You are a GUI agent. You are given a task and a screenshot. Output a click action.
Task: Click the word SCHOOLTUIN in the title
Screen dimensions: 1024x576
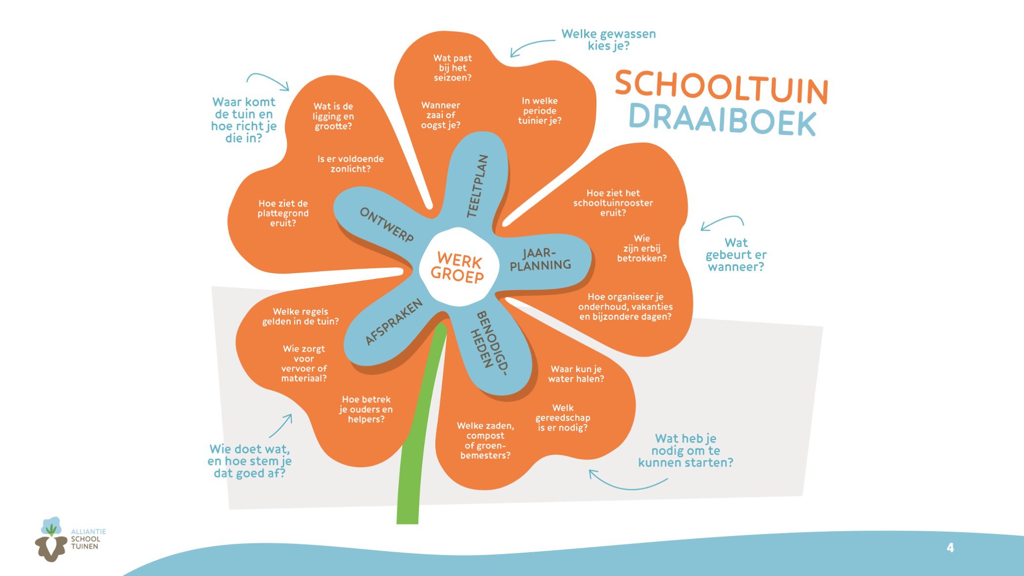tap(721, 87)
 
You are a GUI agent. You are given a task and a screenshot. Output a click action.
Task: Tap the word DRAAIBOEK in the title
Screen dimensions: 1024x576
tap(722, 120)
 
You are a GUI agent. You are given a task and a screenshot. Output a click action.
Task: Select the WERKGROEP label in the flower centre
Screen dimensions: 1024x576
tap(457, 267)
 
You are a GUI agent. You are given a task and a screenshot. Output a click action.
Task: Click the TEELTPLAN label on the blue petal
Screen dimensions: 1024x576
tap(477, 186)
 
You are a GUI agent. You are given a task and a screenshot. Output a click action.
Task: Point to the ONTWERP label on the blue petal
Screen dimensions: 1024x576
tap(387, 224)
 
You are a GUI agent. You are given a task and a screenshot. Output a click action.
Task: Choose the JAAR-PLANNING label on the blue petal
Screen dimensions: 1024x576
tap(540, 259)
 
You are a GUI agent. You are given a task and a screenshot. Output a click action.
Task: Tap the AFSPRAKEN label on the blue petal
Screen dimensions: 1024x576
tap(394, 322)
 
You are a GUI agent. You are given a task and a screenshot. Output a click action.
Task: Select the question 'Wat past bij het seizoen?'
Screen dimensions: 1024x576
tap(453, 68)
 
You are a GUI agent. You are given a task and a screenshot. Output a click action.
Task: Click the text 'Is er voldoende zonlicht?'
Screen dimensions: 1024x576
tap(351, 164)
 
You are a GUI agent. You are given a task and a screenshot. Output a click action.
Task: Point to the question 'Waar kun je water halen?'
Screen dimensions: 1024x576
tap(576, 374)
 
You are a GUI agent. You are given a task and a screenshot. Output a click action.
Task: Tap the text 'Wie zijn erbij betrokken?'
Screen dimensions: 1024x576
tap(642, 248)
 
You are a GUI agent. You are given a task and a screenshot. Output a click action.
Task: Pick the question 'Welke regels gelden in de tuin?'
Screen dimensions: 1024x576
tap(300, 317)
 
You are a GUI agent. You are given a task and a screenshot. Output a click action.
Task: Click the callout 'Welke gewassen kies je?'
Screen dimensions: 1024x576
tap(609, 40)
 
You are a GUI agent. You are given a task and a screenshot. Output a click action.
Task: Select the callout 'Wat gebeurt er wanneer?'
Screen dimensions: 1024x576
tap(736, 255)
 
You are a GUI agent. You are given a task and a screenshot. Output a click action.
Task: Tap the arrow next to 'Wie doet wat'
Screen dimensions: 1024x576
tap(281, 426)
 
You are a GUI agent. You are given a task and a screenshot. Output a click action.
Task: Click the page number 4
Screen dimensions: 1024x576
tap(950, 548)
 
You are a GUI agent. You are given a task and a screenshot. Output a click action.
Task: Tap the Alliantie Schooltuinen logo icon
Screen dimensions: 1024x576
tap(51, 539)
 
